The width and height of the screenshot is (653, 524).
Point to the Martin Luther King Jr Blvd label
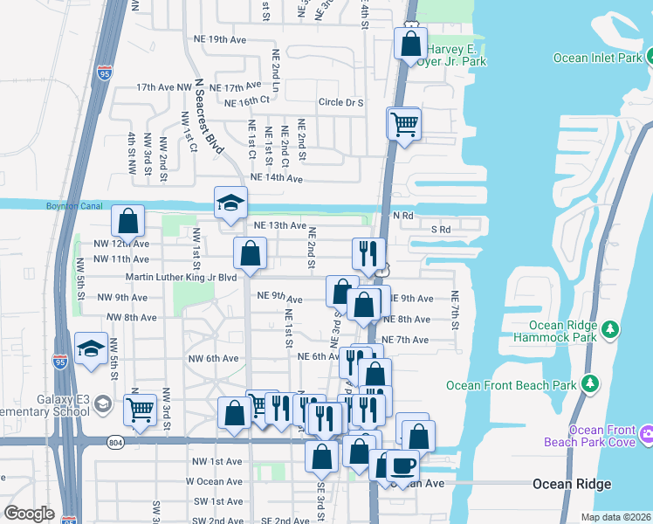(182, 278)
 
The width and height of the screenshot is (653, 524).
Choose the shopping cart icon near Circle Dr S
(403, 124)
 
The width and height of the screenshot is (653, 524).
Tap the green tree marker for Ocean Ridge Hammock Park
(612, 328)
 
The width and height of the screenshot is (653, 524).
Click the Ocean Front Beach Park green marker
(591, 383)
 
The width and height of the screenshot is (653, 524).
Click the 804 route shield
(115, 443)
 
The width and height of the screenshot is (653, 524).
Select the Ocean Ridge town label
(572, 484)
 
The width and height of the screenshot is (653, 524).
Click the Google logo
(29, 514)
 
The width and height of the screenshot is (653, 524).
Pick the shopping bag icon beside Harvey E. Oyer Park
(410, 44)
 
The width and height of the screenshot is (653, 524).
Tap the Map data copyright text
(616, 517)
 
